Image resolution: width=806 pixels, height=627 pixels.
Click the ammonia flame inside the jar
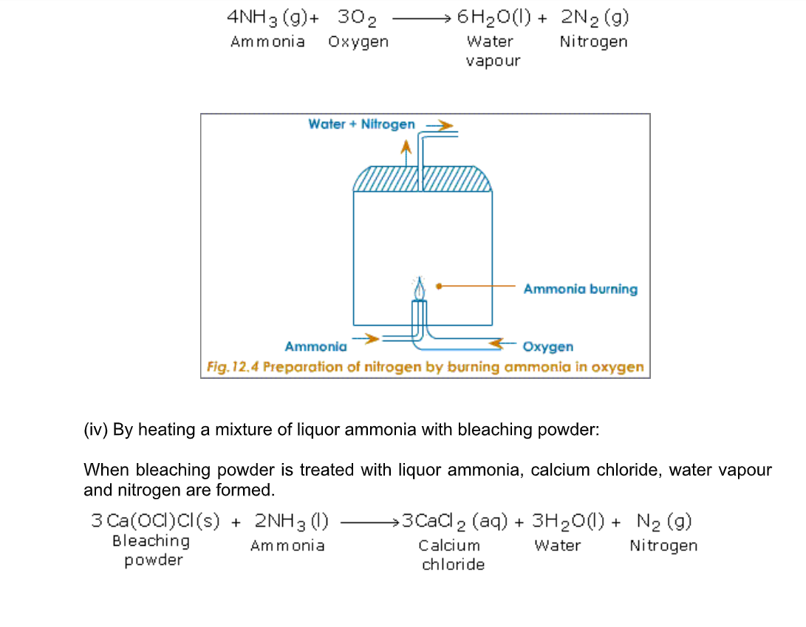click(x=420, y=288)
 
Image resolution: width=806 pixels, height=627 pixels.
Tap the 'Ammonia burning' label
click(x=581, y=289)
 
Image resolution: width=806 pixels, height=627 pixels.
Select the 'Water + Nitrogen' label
click(x=361, y=124)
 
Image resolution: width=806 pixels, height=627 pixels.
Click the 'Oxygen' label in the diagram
click(x=548, y=346)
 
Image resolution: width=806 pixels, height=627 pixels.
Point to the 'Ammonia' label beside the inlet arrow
click(x=315, y=346)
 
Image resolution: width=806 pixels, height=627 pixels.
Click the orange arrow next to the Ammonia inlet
click(x=366, y=338)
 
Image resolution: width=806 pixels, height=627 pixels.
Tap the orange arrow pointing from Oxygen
click(x=502, y=343)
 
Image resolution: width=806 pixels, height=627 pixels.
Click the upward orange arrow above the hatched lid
click(x=406, y=153)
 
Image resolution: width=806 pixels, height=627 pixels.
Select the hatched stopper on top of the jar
click(x=423, y=179)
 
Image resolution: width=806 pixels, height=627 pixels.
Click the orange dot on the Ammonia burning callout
click(x=439, y=287)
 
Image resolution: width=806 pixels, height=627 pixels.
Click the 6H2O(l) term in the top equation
click(x=494, y=18)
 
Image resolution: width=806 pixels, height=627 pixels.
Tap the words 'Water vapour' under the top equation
click(x=493, y=51)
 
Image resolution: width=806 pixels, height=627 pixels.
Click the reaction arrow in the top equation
click(x=422, y=19)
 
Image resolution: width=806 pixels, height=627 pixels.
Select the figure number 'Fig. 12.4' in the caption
click(x=233, y=367)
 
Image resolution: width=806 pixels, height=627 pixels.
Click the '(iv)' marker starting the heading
click(x=95, y=429)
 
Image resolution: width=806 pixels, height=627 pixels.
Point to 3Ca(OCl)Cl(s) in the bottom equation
click(x=155, y=521)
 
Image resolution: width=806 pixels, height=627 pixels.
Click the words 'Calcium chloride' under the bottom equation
click(x=452, y=555)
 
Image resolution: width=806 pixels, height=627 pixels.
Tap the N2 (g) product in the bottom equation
click(x=664, y=521)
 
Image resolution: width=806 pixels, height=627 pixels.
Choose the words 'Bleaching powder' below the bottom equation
click(x=151, y=550)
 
